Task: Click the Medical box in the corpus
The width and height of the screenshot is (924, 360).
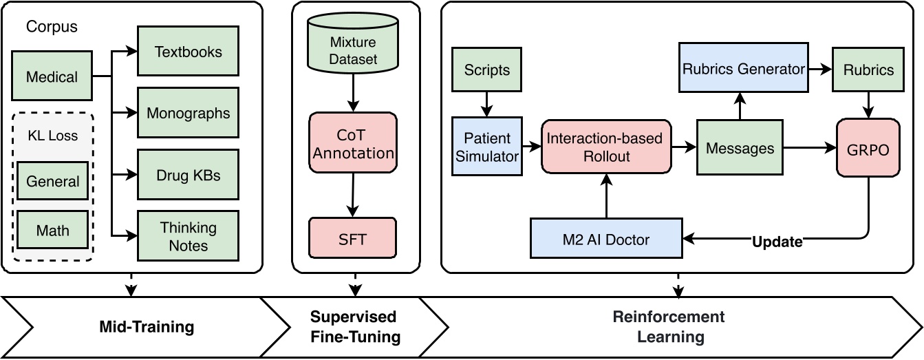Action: [52, 77]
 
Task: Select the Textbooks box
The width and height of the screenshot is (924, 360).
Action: [188, 52]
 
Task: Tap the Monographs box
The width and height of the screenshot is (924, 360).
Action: [188, 112]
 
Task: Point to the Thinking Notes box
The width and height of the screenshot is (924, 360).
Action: [188, 235]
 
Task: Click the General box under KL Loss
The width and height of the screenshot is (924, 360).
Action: [52, 182]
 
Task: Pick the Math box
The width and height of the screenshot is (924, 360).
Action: [52, 230]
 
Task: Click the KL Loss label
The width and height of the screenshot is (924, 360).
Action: [52, 135]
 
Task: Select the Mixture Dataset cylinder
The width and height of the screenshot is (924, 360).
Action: [353, 50]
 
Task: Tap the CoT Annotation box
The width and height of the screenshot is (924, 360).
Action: [353, 143]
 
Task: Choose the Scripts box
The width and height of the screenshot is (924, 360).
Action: [487, 70]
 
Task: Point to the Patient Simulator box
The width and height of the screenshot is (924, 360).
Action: [486, 147]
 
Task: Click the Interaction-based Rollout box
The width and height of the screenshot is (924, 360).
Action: [605, 147]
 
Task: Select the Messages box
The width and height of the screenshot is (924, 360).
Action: [740, 147]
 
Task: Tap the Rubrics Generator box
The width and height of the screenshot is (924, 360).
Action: [743, 69]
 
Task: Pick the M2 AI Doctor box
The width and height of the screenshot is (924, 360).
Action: [605, 240]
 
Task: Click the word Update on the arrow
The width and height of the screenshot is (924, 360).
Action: [777, 242]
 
